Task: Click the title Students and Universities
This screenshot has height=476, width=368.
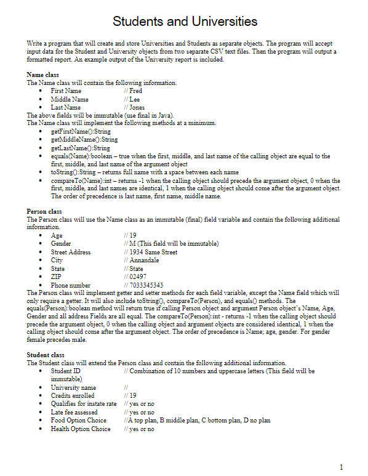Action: coord(185,22)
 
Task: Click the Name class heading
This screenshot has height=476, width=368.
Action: coord(43,75)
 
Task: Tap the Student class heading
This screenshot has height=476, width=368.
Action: coord(46,355)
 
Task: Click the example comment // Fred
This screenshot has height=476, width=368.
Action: coord(132,91)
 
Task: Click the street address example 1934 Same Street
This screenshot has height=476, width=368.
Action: coord(153,252)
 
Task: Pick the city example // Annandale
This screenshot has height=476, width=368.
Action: coord(141,260)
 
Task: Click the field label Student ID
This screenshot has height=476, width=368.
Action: coord(66,371)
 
